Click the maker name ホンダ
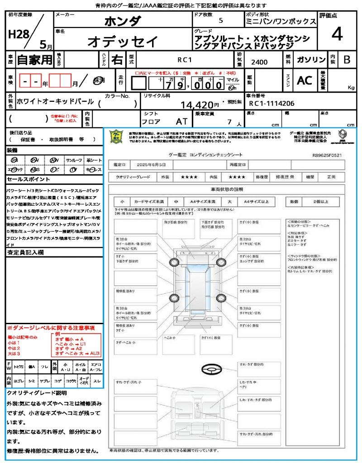click(123, 21)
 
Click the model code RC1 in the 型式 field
click(184, 59)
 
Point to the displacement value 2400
click(259, 62)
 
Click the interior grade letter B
click(347, 60)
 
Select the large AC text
click(305, 80)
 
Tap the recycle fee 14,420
click(197, 105)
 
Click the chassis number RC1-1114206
click(271, 104)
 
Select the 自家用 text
click(34, 60)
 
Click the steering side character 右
click(117, 60)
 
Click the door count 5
click(220, 21)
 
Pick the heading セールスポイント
click(24, 180)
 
